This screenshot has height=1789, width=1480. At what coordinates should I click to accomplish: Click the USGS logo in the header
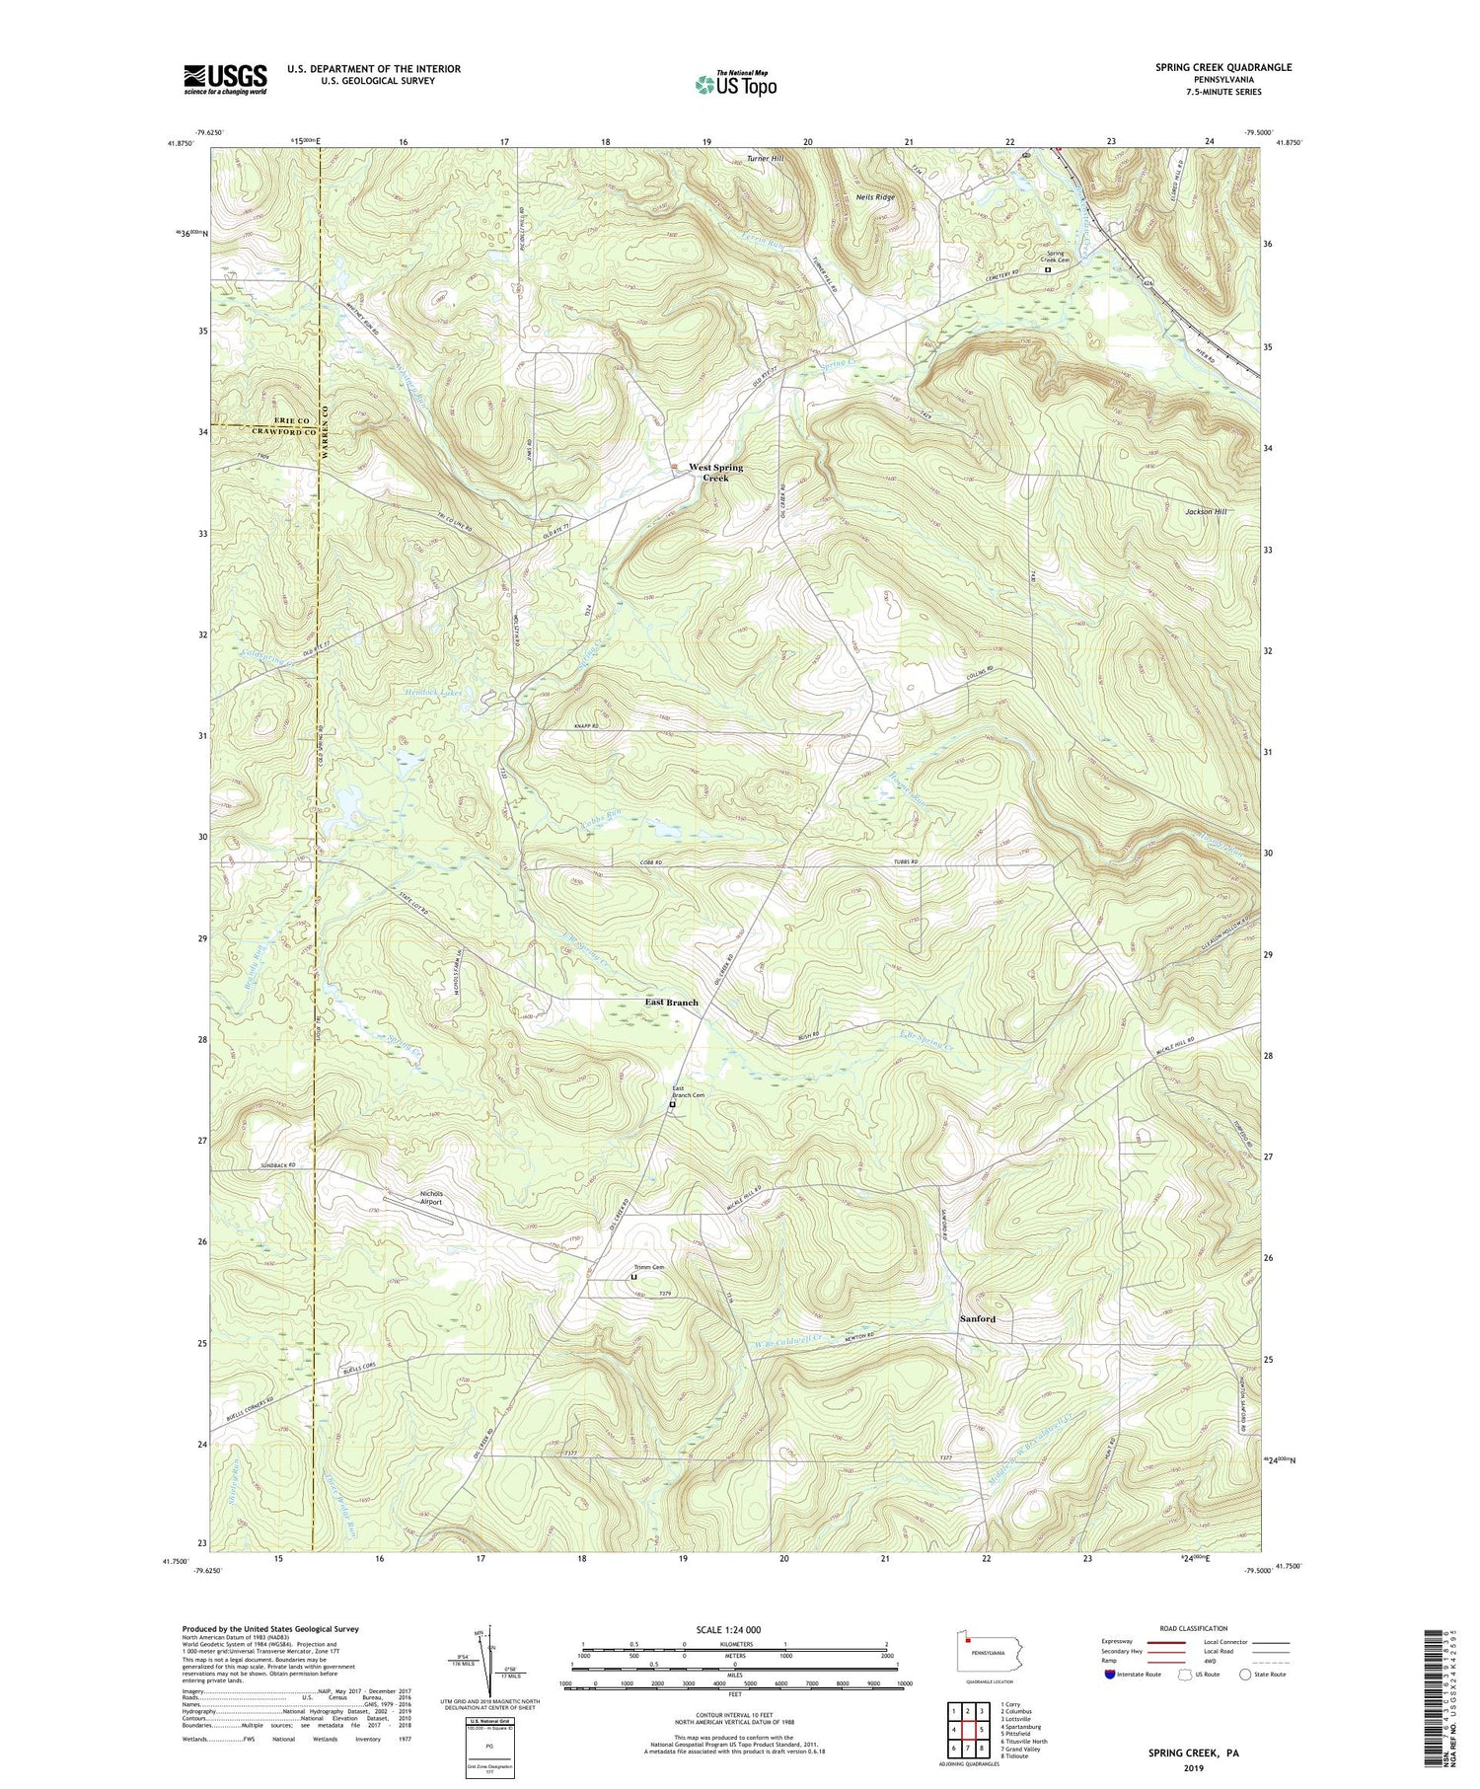coord(225,79)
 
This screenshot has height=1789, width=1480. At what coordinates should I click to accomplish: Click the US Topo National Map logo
coord(735,84)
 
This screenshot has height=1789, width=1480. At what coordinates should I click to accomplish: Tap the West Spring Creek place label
coord(715,472)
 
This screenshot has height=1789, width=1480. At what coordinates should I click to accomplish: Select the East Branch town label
coord(671,1002)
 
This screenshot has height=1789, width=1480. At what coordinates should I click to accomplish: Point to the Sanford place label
coord(977,1318)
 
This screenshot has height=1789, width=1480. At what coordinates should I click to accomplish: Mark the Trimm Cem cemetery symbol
coord(633,1277)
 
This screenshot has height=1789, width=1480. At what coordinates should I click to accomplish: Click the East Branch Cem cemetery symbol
coord(672,1105)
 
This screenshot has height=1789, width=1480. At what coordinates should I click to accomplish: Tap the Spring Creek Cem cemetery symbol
coord(1048,268)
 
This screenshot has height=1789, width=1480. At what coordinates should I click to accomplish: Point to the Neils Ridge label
coord(875,197)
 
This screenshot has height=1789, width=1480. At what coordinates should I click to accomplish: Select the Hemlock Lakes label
coord(433,693)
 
